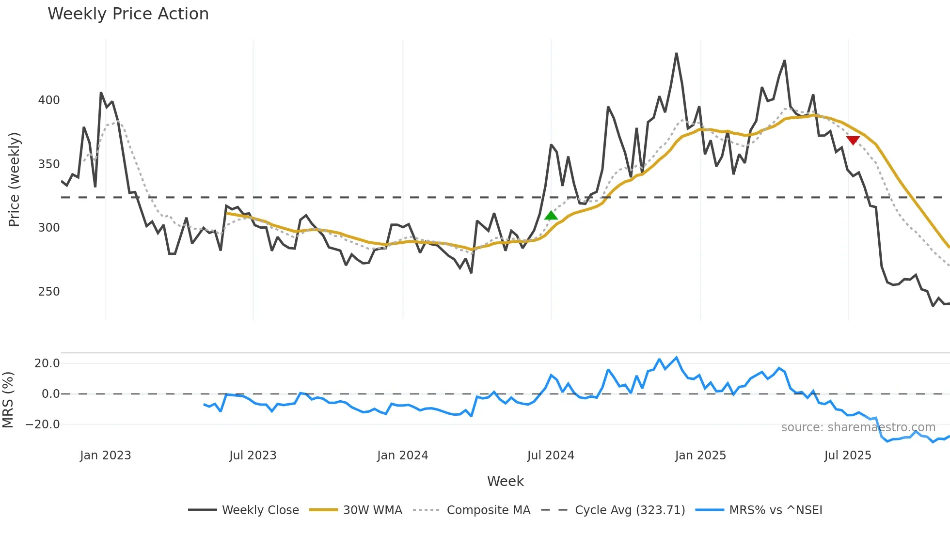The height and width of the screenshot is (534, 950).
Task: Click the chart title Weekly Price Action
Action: click(128, 14)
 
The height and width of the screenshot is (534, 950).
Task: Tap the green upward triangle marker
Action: click(551, 216)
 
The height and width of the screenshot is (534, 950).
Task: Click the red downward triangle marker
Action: click(853, 140)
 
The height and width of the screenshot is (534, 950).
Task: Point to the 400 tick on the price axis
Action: click(49, 100)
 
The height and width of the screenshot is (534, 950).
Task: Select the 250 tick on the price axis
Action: click(49, 292)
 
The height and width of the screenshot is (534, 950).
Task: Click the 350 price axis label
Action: click(49, 164)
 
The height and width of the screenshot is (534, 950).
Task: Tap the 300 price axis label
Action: click(49, 228)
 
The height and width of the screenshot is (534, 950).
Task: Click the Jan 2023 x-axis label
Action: click(106, 455)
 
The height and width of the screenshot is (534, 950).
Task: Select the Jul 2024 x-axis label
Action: click(551, 455)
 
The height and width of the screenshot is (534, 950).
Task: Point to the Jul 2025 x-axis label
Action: click(848, 455)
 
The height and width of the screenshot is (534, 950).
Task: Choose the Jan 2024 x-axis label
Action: click(403, 455)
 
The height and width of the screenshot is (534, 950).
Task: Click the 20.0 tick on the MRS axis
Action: click(47, 363)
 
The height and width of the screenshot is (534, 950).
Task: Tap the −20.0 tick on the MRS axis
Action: click(43, 424)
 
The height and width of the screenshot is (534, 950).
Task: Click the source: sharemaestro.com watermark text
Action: click(858, 427)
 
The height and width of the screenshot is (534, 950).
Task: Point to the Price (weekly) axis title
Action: click(14, 179)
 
